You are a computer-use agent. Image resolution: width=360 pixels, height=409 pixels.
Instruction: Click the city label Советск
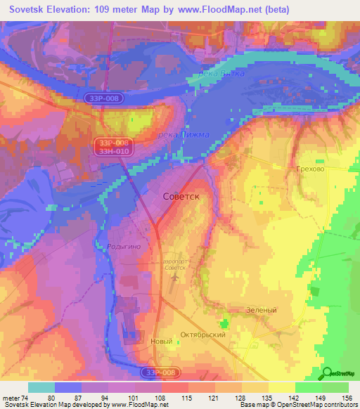(x=181, y=197)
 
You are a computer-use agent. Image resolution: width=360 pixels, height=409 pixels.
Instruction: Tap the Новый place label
(x=162, y=342)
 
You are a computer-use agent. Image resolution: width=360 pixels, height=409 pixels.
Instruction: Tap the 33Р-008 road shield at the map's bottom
(x=159, y=372)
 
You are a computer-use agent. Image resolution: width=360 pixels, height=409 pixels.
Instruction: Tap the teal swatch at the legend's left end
(x=41, y=387)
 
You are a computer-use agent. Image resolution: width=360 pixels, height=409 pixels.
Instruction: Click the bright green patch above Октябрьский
(x=225, y=323)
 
